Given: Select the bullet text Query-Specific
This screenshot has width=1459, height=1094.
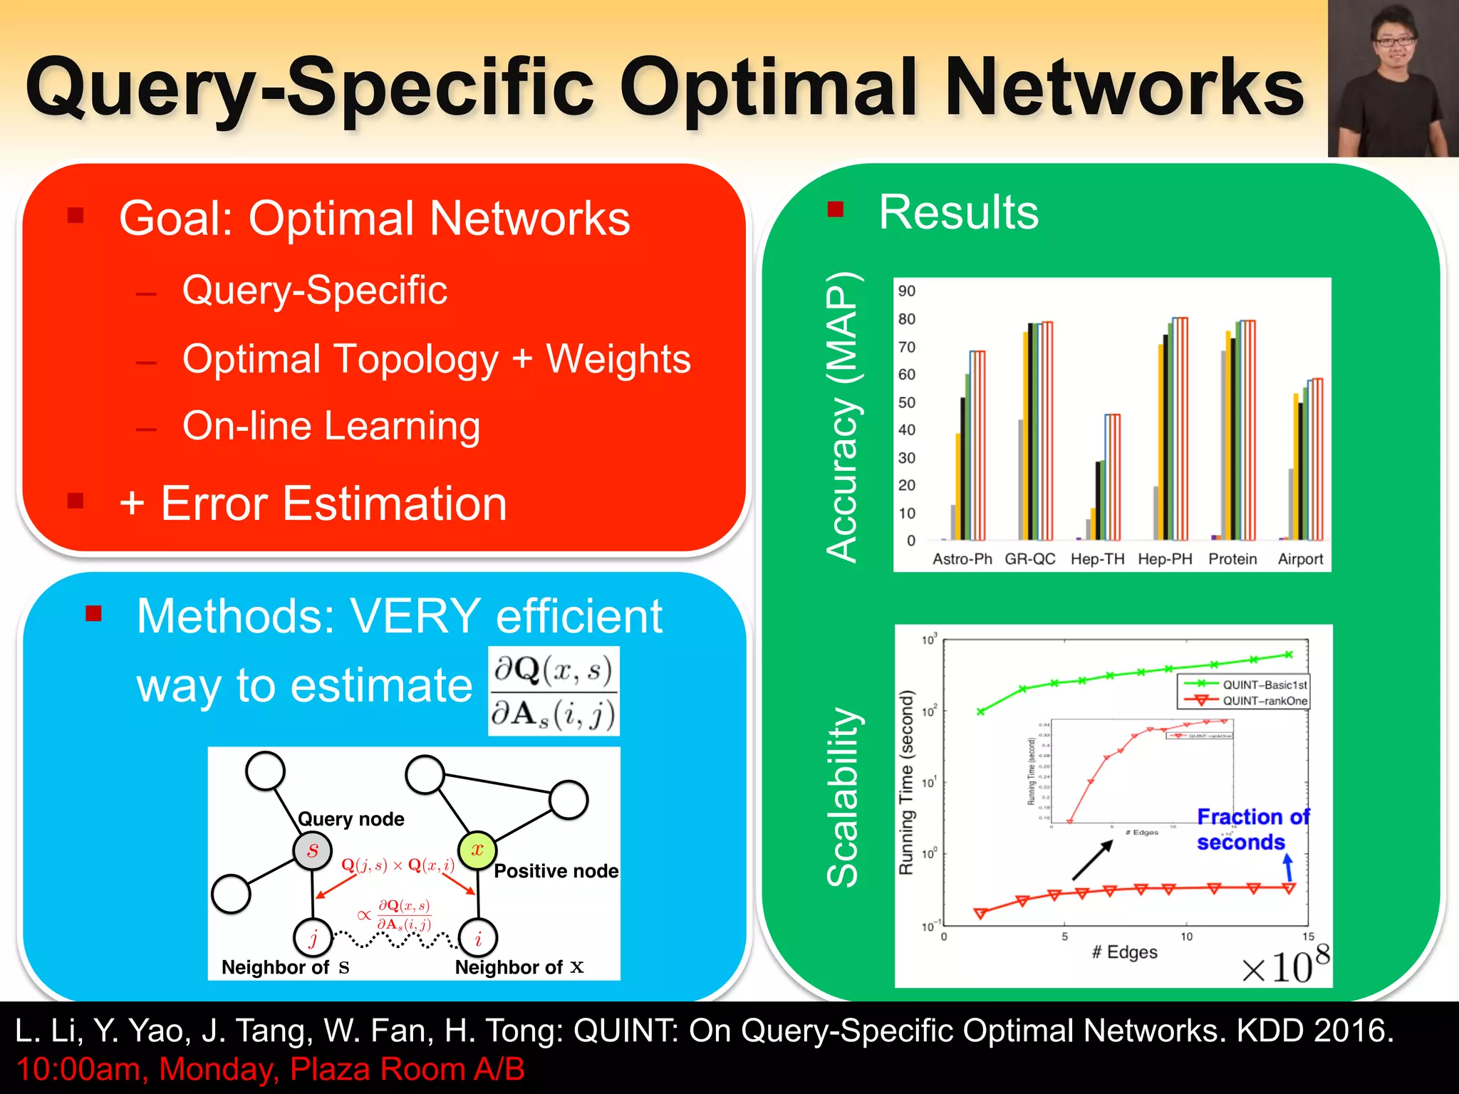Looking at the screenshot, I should coord(314,290).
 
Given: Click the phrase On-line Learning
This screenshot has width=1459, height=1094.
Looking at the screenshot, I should coord(331,426).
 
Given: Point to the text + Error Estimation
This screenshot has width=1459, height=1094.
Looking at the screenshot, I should coord(313,504).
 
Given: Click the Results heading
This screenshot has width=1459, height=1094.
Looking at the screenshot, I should coord(958,212).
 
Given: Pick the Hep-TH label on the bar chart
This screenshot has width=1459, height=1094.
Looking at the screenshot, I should coord(1097,559).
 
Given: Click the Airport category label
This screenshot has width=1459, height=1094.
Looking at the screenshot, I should coord(1300,559).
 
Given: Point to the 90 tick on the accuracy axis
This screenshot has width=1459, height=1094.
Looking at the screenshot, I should coord(906,291).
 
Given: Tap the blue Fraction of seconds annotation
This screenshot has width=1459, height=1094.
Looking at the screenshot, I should coord(1252,829).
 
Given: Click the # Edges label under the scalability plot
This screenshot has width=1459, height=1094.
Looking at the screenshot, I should coord(1124,952).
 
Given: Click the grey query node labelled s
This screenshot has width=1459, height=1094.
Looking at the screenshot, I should coord(312,850).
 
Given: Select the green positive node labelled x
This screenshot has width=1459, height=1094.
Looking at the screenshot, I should coord(477,850).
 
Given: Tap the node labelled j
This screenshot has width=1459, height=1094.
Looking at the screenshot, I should coord(313,938).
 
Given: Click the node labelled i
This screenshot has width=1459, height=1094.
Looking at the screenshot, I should coord(478,938).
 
